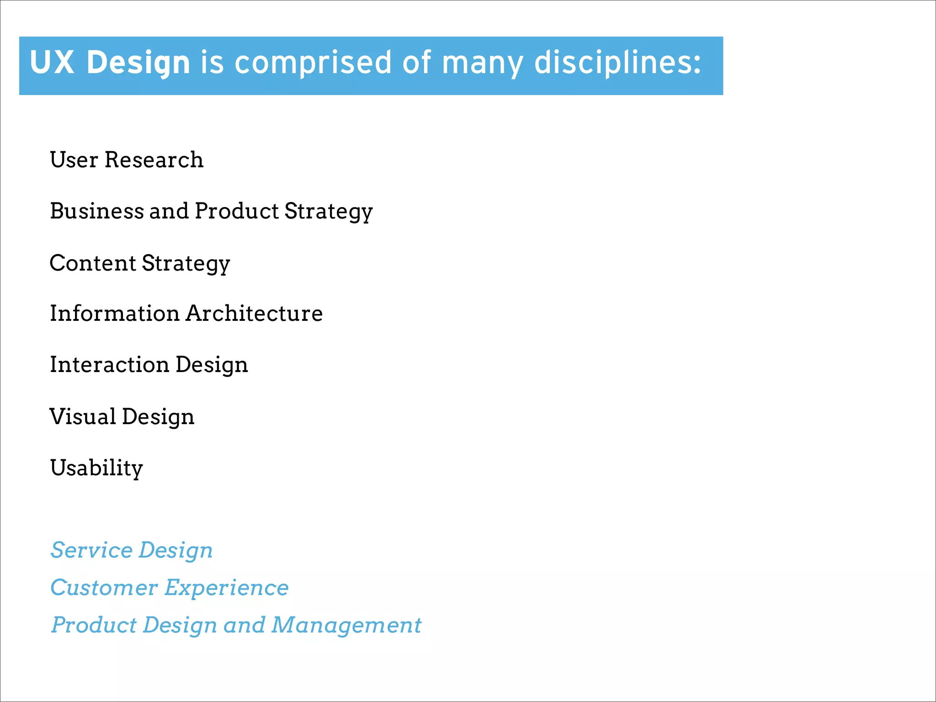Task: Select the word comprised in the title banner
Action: (313, 63)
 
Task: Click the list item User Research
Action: (127, 160)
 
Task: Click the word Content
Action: (93, 263)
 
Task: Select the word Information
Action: (115, 313)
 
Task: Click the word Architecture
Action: (254, 313)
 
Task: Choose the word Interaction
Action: (110, 364)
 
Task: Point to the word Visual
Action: (83, 416)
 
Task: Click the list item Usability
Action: (96, 468)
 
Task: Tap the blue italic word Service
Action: (91, 550)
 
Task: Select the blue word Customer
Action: (104, 587)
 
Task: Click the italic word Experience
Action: (227, 588)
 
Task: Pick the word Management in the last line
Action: (346, 626)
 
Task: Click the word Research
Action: (154, 160)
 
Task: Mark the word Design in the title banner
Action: (138, 63)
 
